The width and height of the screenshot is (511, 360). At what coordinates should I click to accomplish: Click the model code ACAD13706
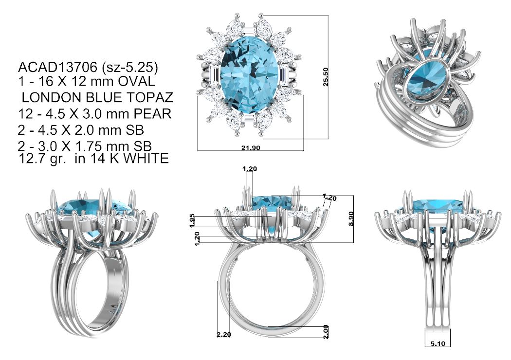click(x=58, y=68)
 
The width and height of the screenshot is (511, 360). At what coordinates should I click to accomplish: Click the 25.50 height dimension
click(x=326, y=77)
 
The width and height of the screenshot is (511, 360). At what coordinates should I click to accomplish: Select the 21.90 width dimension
click(x=251, y=148)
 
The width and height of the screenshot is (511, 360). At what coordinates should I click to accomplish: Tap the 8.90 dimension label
click(x=351, y=218)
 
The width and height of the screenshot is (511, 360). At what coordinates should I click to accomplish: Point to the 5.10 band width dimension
click(x=438, y=343)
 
